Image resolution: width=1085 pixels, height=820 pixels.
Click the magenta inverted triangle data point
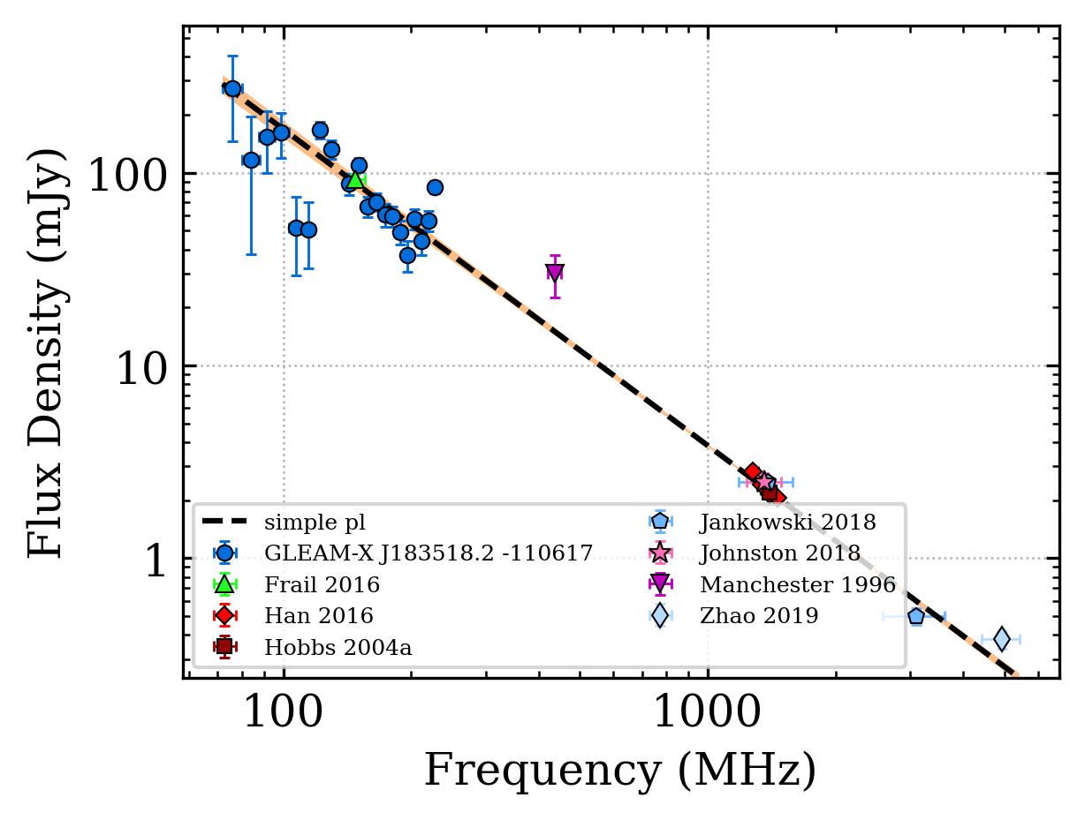click(555, 273)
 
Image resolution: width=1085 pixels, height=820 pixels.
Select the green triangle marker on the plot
click(355, 179)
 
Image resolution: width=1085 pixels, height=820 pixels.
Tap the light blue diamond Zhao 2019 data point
click(1001, 638)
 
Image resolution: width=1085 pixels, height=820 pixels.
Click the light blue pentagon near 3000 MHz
click(916, 616)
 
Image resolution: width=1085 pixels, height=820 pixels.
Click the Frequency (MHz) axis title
click(620, 770)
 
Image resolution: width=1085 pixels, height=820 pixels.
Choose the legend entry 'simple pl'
click(315, 522)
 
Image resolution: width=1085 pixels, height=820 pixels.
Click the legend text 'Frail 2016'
click(322, 584)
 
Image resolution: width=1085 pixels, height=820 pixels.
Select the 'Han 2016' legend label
click(318, 615)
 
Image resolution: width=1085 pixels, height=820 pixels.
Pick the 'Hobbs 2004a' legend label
click(338, 647)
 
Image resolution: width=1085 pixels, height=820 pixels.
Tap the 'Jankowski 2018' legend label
click(788, 522)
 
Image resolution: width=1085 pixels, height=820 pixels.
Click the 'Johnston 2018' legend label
click(780, 553)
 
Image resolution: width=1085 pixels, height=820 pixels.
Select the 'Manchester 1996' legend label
click(798, 584)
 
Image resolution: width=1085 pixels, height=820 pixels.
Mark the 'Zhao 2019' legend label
click(759, 615)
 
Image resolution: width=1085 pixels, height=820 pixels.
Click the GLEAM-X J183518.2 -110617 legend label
click(429, 553)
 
